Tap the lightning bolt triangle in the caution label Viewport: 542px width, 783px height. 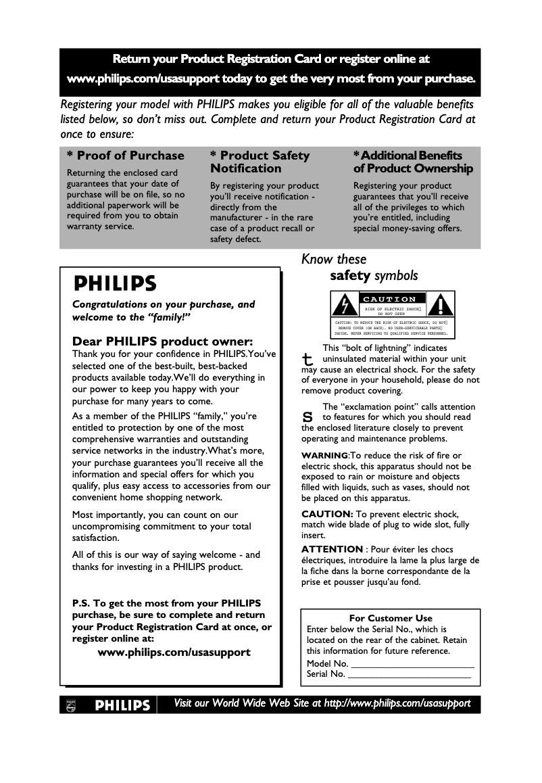pyautogui.click(x=345, y=306)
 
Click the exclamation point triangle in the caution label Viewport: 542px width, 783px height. pyautogui.click(x=441, y=306)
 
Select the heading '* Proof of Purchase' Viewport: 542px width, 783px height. pyautogui.click(x=125, y=156)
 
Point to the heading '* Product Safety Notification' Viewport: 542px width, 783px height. pyautogui.click(x=260, y=162)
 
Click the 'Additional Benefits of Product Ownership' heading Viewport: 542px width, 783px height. pyautogui.click(x=413, y=162)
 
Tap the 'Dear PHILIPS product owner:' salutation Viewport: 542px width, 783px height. pyautogui.click(x=162, y=341)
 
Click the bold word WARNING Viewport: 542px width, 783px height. pyautogui.click(x=324, y=456)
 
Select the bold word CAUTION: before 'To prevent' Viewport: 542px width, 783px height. pyautogui.click(x=327, y=514)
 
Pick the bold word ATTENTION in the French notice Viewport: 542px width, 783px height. pyautogui.click(x=332, y=549)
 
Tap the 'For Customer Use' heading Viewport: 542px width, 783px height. pyautogui.click(x=391, y=618)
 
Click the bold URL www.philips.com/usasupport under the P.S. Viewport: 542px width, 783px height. pyautogui.click(x=174, y=652)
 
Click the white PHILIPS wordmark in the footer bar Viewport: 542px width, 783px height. pyautogui.click(x=122, y=705)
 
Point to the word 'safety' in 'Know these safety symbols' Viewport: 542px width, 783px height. pyautogui.click(x=350, y=276)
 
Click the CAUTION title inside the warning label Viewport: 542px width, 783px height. pyautogui.click(x=390, y=299)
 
